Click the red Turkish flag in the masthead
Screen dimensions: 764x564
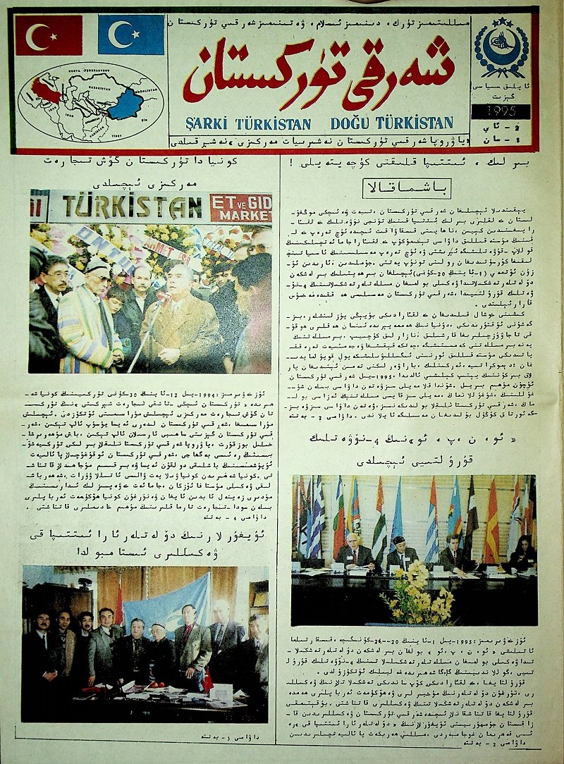coord(49,35)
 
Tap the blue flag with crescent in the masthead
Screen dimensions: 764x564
coord(130,35)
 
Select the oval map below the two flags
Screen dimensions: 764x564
coord(91,102)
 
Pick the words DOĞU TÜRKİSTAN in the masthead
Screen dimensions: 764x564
coord(391,123)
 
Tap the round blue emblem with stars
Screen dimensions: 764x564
coord(501,47)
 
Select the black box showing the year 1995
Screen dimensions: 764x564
coord(502,111)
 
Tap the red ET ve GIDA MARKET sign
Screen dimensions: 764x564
coord(240,207)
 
